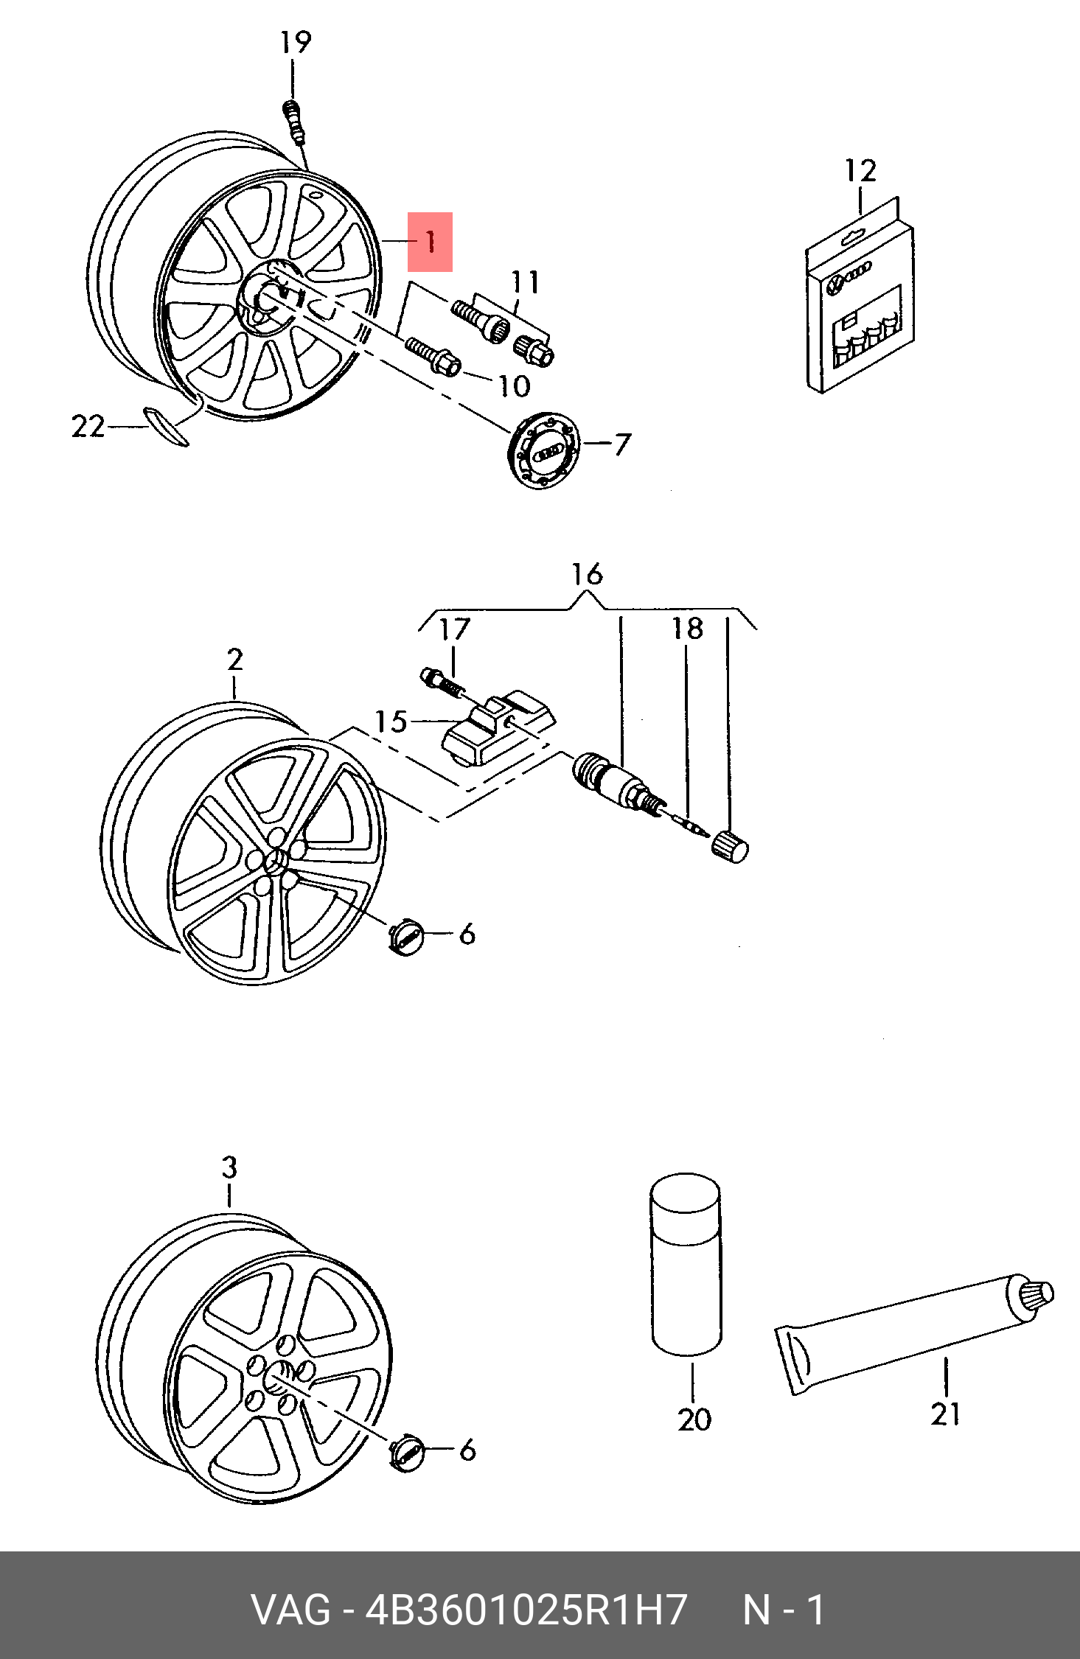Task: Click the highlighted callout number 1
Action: coord(430,242)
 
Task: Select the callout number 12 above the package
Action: coord(860,171)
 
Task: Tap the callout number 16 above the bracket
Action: coord(587,574)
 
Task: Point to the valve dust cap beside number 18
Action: coord(729,845)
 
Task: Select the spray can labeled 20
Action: coord(686,1265)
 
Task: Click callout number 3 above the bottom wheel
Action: coord(229,1167)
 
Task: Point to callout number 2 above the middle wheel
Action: coord(234,659)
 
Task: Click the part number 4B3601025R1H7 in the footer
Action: coord(526,1610)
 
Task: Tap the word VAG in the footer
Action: coord(291,1610)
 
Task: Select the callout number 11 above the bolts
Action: coord(525,282)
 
